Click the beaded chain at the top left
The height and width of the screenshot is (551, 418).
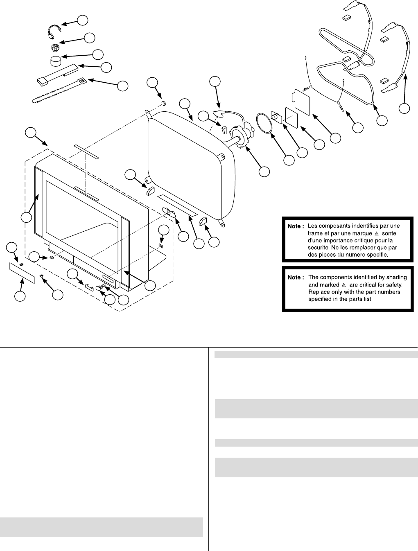pos(53,29)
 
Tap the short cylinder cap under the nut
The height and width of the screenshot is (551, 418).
pos(54,62)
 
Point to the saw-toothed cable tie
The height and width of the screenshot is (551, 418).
pos(57,90)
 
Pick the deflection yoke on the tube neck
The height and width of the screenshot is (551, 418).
pos(238,135)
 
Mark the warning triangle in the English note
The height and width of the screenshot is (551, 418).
pos(343,285)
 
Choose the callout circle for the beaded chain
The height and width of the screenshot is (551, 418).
pos(83,19)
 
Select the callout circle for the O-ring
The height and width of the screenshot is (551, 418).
pos(289,160)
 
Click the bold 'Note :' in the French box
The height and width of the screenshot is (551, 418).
pos(295,226)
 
